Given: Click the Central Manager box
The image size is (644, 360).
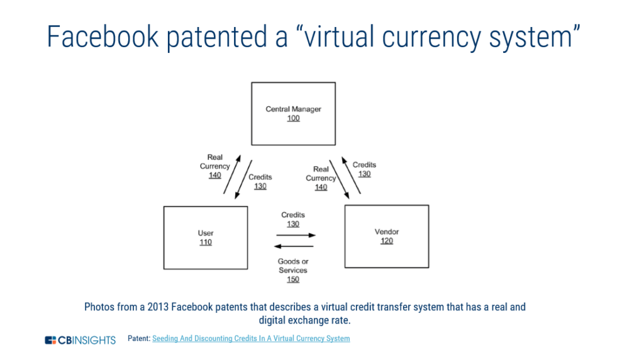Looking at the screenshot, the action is point(293,114).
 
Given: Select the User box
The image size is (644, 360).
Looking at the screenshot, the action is point(206,238).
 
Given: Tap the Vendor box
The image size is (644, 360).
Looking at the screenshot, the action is point(387,237).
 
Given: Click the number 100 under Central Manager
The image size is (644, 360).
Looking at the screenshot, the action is point(293,118).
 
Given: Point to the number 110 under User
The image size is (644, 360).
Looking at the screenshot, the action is point(206,242).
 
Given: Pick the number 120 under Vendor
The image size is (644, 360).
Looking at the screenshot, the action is point(387,241).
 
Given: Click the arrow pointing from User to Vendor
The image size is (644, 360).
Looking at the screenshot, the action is point(296,235).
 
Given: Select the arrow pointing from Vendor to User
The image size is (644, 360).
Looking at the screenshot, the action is point(294,246).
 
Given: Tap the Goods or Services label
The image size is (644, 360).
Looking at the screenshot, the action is point(293,266).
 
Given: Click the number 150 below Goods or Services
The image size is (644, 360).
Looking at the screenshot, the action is point(293,279).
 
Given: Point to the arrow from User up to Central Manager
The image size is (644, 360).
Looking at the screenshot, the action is point(232,174).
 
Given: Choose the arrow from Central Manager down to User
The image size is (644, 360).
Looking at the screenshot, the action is point(243,179).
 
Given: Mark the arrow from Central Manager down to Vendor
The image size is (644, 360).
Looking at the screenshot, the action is point(339,179).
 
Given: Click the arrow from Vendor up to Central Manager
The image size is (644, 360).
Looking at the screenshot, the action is point(351,175).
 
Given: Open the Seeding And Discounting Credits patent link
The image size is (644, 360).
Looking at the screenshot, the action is point(251,339).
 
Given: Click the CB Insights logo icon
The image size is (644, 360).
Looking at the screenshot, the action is point(50,340).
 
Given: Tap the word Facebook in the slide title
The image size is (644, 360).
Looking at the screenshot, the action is point(103,37).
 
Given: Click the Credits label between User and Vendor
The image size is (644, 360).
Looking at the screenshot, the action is point(293,215).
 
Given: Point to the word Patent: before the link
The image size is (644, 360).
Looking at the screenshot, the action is point(139,339).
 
